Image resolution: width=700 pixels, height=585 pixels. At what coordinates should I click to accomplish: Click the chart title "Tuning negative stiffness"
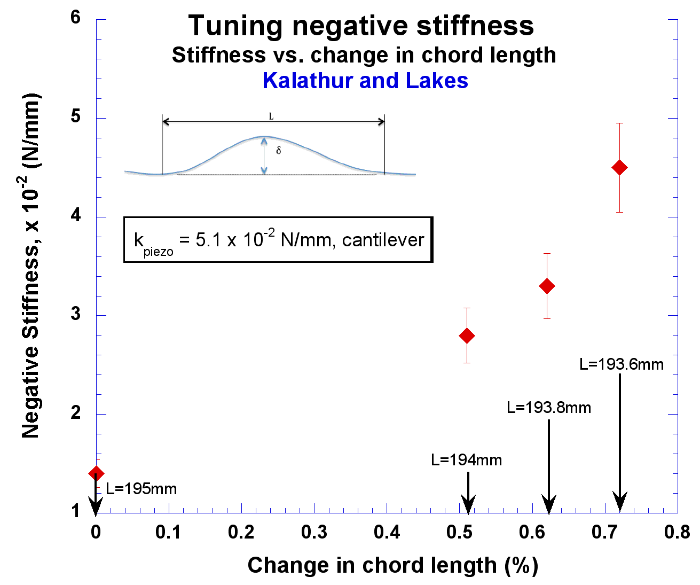pos(361,26)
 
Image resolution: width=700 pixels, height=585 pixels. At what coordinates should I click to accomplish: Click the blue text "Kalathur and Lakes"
pos(365,81)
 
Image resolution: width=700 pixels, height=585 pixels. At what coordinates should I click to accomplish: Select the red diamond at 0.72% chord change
pos(619,168)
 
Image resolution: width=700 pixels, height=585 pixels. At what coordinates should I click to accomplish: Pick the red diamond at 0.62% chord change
pos(547,286)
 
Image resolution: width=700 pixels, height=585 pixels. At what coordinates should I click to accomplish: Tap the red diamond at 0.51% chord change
pos(467,336)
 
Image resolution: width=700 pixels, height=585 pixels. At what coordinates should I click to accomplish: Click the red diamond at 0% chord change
pos(96,473)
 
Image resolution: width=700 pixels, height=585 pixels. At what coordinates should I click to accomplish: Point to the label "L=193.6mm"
pos(622,364)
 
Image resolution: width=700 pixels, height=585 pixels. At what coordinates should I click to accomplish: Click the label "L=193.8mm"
pos(549,408)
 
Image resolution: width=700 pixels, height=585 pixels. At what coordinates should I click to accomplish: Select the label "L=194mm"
pos(466,460)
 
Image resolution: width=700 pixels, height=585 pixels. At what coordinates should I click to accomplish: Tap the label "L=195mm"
pos(141,489)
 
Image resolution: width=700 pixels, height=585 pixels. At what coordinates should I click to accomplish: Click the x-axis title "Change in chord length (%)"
pos(392,566)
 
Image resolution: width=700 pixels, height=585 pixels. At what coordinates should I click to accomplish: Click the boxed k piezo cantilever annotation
pos(278,240)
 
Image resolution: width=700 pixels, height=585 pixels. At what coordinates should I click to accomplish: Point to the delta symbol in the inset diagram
pos(278,151)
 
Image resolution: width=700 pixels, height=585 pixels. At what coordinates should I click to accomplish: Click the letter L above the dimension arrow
pos(271,116)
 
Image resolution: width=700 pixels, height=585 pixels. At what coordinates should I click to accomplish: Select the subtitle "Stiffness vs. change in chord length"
pos(364,55)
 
